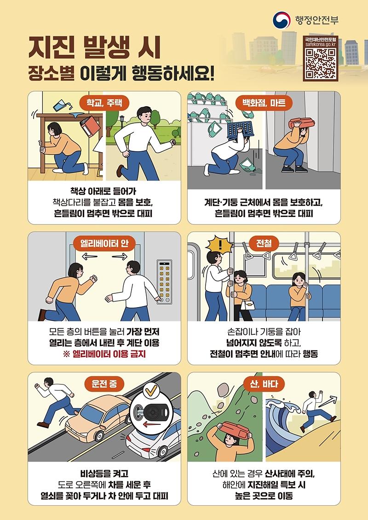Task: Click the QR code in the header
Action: click(x=321, y=64)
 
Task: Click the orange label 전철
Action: click(x=264, y=243)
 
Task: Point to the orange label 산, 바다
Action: click(x=264, y=383)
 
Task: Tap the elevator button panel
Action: click(x=163, y=281)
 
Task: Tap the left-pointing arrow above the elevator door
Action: click(x=90, y=256)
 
